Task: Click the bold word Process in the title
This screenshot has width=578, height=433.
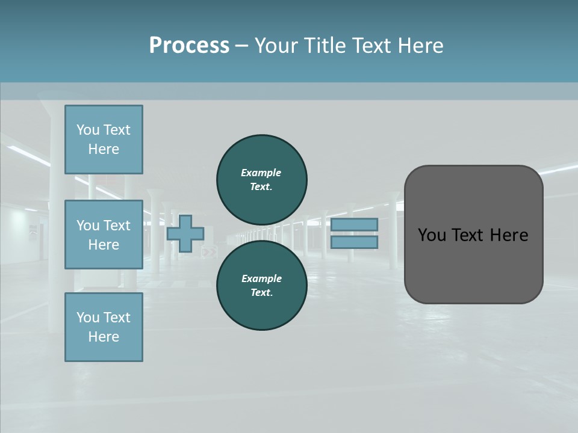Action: tap(189, 46)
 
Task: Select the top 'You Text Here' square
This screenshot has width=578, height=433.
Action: tap(104, 140)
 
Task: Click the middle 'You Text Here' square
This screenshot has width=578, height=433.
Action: tap(104, 235)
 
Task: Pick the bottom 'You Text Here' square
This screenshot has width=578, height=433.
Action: tap(104, 327)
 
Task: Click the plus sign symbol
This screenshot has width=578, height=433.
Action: tap(185, 233)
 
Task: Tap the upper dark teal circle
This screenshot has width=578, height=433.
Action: tap(261, 179)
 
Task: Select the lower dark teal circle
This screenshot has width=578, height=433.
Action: tap(261, 285)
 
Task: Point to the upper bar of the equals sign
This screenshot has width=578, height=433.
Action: tap(354, 224)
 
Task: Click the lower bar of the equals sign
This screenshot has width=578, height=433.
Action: tap(354, 242)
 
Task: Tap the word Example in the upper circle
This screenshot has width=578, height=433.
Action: tap(261, 173)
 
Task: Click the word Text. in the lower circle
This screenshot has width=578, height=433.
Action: tap(261, 293)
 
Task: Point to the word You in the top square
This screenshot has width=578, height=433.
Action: tap(87, 130)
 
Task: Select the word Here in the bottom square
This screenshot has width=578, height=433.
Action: tap(104, 337)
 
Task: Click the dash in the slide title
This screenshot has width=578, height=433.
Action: tap(241, 46)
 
